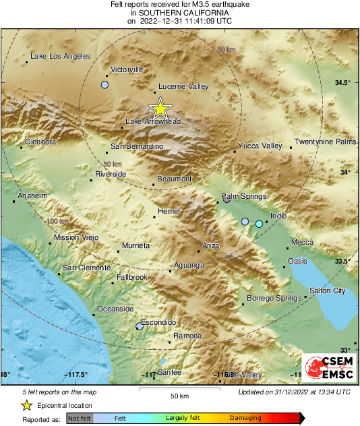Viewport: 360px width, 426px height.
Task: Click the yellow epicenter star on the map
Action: pos(160,108)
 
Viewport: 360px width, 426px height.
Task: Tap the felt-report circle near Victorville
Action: pos(104,85)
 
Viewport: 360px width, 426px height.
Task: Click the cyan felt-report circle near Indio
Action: pos(259,223)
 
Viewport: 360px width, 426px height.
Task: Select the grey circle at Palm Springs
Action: pos(227,200)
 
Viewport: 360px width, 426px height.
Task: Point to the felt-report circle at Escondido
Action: pos(140,326)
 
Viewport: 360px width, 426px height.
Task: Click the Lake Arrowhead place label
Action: pos(153,122)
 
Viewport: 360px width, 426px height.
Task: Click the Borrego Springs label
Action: pos(274,298)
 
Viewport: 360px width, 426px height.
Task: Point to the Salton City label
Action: pos(327,291)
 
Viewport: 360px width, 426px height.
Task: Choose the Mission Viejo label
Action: pos(76,237)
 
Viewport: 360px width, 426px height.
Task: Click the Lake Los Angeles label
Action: pos(61,56)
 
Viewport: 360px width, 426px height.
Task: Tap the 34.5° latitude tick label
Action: pos(342,83)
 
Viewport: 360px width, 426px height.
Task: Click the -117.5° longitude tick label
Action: pos(76,375)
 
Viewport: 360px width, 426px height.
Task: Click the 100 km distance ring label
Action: pos(58,221)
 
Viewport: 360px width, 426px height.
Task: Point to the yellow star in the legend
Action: pos(26,405)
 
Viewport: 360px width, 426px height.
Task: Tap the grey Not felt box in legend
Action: pos(79,419)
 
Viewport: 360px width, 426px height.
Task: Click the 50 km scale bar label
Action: pos(179,395)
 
